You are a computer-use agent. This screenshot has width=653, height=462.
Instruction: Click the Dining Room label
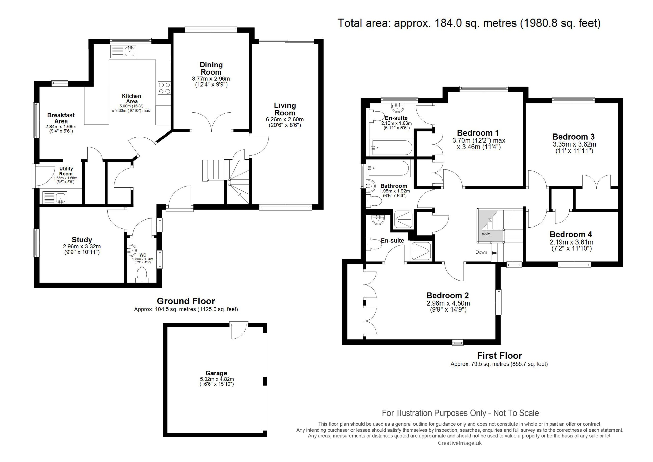(211, 68)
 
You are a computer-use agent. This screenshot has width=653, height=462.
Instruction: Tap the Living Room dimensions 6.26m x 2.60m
(285, 119)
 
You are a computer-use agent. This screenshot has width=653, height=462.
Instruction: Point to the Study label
(82, 240)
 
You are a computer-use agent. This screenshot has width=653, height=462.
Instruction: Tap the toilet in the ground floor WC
(142, 276)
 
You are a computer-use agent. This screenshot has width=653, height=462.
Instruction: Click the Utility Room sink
(55, 198)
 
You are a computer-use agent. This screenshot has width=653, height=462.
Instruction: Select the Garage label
(217, 373)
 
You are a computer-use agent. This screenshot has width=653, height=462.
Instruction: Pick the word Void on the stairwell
(486, 234)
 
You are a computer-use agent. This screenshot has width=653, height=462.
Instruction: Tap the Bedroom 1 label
(478, 133)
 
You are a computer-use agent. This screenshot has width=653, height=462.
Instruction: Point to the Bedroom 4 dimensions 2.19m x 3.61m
(571, 242)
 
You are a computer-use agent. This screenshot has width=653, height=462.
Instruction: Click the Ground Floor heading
(186, 301)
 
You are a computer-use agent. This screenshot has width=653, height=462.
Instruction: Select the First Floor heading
(499, 356)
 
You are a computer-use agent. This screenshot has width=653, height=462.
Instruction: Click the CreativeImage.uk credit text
(460, 443)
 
